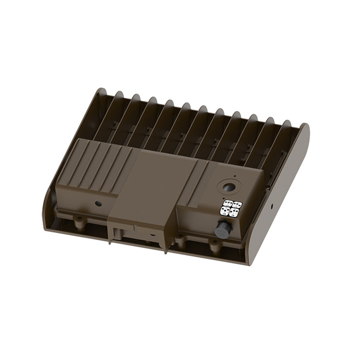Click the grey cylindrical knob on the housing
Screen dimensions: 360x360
(225, 227)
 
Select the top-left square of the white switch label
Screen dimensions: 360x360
(225, 204)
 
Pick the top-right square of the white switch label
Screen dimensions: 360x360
(236, 205)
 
